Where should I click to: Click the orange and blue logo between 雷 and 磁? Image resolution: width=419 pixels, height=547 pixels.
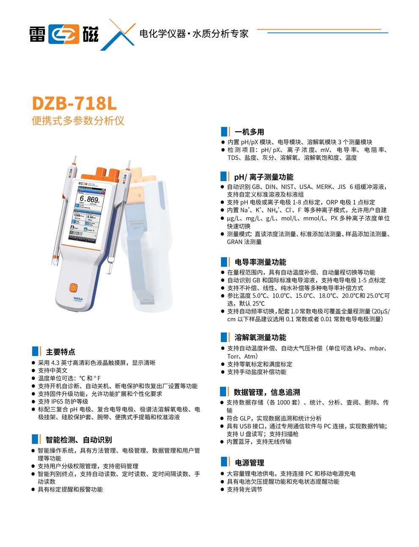64,34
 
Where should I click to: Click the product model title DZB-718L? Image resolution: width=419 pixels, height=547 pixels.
74,103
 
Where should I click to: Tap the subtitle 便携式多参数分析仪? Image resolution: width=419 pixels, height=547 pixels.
78,121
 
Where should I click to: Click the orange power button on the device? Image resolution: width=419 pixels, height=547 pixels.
73,287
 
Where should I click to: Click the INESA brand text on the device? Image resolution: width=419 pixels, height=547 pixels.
78,299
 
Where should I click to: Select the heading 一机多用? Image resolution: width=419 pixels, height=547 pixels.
249,132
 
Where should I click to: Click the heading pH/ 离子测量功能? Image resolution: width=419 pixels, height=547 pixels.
264,177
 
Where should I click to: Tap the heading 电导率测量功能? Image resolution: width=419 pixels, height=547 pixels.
260,262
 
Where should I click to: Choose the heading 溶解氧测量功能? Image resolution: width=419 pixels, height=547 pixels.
260,337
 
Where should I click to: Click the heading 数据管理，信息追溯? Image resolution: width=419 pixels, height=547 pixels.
267,392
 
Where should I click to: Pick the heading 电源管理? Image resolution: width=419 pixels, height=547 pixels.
249,463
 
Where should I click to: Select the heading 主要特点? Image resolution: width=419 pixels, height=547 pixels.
61,352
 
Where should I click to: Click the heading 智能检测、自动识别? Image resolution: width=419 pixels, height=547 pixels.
79,440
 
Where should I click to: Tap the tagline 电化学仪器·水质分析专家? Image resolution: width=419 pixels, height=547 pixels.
194,34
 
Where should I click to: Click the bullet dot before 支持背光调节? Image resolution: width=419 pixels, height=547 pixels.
223,489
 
